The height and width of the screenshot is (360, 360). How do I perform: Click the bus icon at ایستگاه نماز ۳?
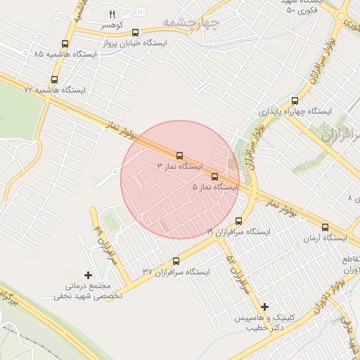(x=179, y=155)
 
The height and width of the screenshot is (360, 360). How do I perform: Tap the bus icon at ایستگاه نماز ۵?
(x=214, y=176)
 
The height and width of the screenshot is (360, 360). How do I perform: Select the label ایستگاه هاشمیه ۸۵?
(x=52, y=54)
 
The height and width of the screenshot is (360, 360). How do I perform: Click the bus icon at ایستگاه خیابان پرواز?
(x=135, y=32)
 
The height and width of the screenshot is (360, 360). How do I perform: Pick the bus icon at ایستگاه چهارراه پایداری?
(x=295, y=100)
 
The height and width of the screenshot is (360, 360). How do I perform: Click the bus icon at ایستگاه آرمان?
(x=324, y=226)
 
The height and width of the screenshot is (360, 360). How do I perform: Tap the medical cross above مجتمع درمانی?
(x=88, y=274)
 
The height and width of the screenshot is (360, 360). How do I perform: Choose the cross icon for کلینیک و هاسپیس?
(x=264, y=307)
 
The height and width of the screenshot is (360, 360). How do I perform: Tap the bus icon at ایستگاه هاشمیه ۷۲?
(x=55, y=79)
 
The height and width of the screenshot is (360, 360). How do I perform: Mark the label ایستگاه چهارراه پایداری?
(x=295, y=111)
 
